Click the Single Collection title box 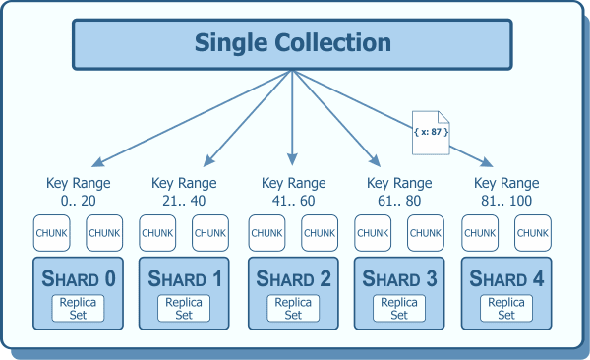pyautogui.click(x=292, y=44)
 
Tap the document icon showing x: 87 pyautogui.click(x=429, y=130)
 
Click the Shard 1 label pyautogui.click(x=186, y=279)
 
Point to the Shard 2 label pyautogui.click(x=293, y=279)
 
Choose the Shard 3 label pyautogui.click(x=399, y=279)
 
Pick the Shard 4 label pyautogui.click(x=506, y=279)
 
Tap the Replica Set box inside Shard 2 pyautogui.click(x=293, y=309)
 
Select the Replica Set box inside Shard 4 pyautogui.click(x=506, y=309)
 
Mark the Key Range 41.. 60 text pyautogui.click(x=292, y=191)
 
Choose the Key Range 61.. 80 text pyautogui.click(x=399, y=191)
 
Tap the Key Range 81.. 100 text pyautogui.click(x=506, y=191)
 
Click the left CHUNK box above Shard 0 pyautogui.click(x=51, y=233)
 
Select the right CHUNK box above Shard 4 pyautogui.click(x=533, y=233)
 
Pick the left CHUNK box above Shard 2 pyautogui.click(x=266, y=233)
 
